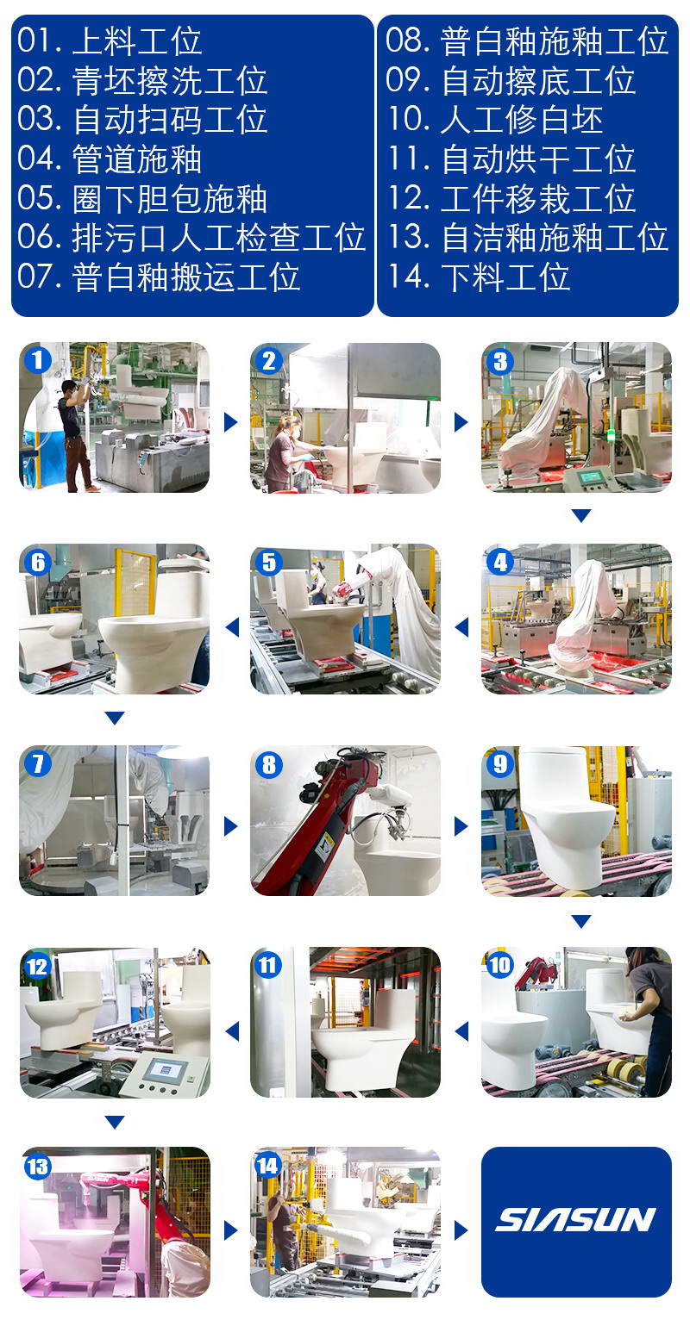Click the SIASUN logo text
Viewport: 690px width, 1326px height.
[575, 1220]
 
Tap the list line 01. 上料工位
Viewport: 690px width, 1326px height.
[110, 40]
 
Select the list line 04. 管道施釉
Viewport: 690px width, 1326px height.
[110, 159]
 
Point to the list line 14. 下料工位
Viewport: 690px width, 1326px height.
[479, 277]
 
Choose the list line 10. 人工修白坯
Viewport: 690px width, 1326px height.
[495, 120]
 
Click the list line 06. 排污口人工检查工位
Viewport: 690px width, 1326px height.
[191, 238]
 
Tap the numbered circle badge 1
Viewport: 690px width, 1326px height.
[38, 360]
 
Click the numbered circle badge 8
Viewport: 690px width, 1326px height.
[268, 765]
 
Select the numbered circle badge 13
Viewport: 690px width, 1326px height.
[37, 1167]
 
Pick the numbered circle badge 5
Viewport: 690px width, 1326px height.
[268, 563]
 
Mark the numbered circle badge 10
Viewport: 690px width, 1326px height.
[499, 966]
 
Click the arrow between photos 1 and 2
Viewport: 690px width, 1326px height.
[230, 422]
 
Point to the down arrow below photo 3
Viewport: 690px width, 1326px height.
[581, 515]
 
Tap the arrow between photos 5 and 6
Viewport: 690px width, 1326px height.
[232, 627]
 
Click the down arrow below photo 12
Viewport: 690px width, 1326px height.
[115, 1122]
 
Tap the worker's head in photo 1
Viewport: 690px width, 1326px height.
[69, 388]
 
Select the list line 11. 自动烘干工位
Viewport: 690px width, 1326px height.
[511, 159]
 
